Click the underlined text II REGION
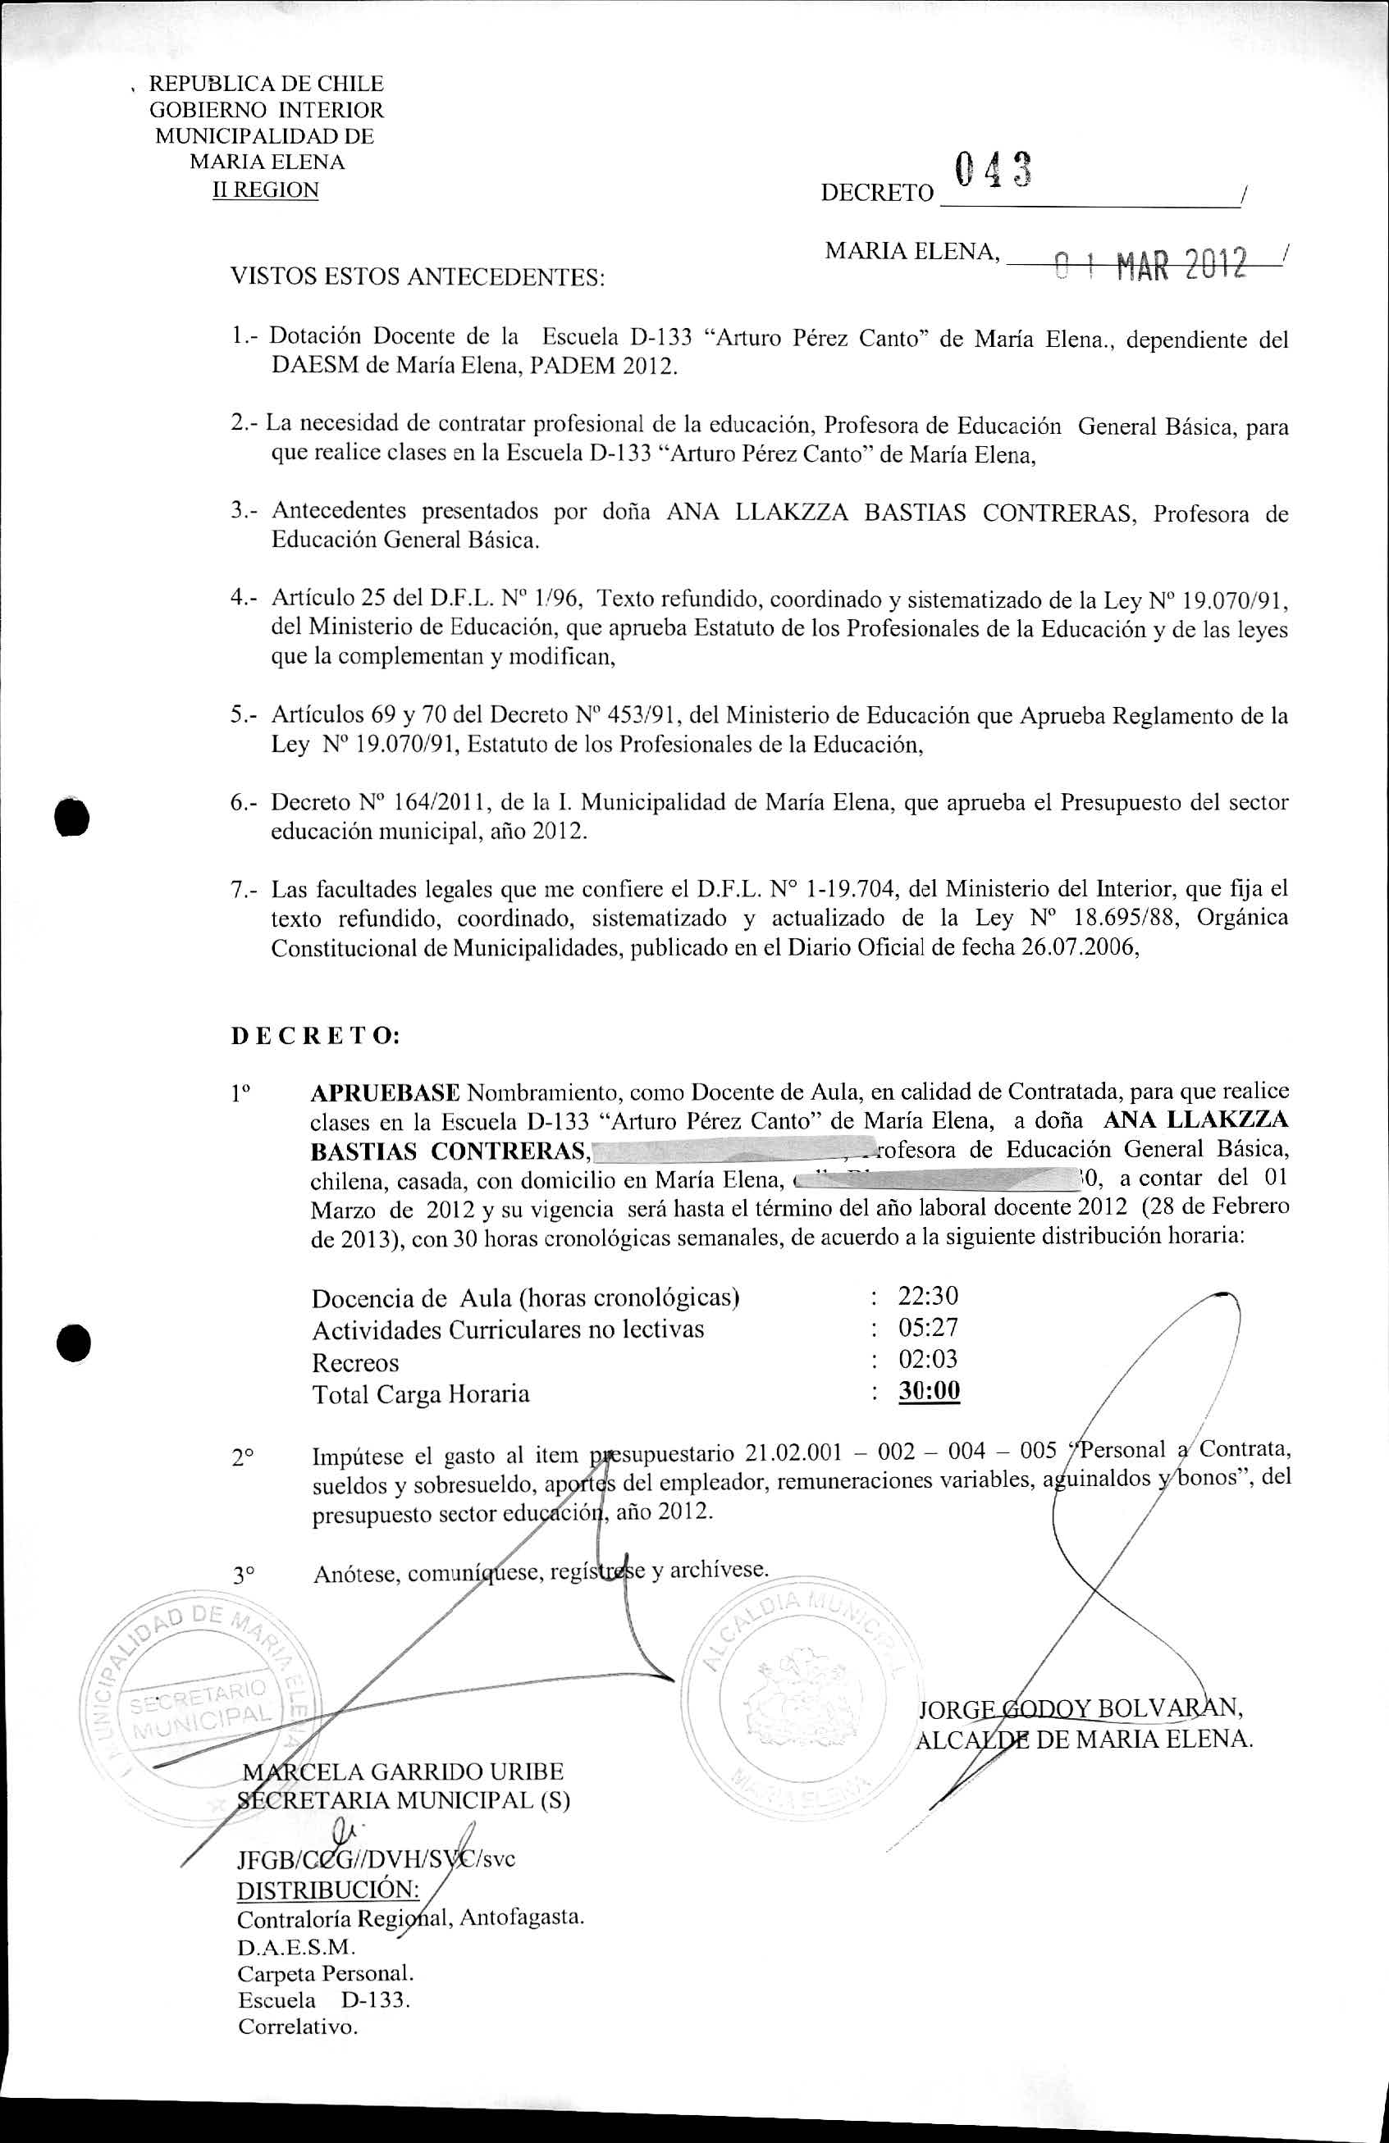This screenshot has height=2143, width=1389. pyautogui.click(x=265, y=190)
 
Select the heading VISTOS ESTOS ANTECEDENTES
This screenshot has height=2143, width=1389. pyautogui.click(x=417, y=277)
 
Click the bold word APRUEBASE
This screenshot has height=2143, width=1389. pyautogui.click(x=385, y=1093)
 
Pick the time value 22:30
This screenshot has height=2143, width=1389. pyautogui.click(x=928, y=1296)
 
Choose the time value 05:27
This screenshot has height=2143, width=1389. pyautogui.click(x=928, y=1327)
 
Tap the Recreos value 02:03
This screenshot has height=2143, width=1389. pyautogui.click(x=928, y=1359)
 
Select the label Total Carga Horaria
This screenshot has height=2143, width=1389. pyautogui.click(x=421, y=1395)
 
